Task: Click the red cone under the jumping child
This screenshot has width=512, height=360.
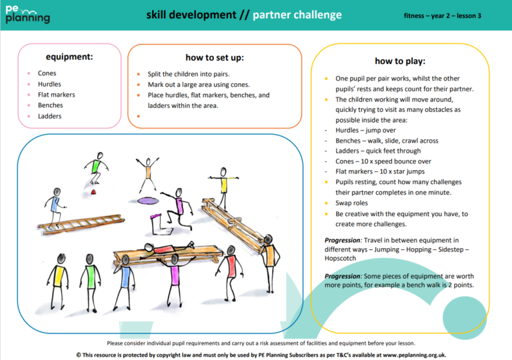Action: click(95, 192)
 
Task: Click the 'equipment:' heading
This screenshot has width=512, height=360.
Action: click(69, 57)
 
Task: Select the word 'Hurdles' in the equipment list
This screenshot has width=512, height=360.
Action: click(49, 84)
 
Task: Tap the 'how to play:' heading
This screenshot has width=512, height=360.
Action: click(399, 61)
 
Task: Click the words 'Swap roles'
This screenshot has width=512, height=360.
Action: click(351, 203)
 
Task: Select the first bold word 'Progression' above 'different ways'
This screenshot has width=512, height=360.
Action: click(343, 240)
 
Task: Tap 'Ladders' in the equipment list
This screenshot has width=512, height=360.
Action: click(49, 116)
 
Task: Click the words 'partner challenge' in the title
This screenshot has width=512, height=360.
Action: click(297, 15)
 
